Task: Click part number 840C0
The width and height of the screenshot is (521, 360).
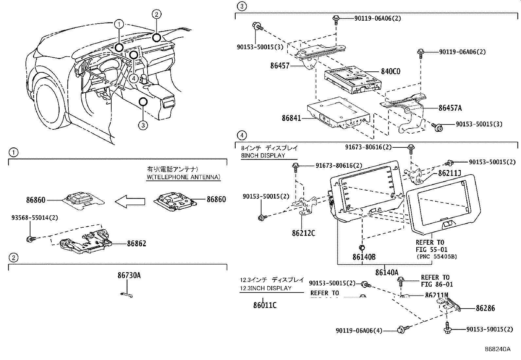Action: [x=390, y=71]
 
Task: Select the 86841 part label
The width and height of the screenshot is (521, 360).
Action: [x=291, y=118]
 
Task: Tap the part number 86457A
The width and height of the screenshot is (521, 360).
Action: [x=450, y=108]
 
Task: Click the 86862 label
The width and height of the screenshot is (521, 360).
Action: [x=136, y=243]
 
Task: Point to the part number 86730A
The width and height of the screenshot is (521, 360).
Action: [x=129, y=275]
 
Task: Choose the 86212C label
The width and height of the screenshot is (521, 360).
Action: [x=303, y=233]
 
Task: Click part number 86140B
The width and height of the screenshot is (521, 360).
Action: [x=364, y=257]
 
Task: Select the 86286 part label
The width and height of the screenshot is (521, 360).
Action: [x=485, y=308]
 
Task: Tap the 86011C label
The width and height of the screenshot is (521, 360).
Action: [x=265, y=305]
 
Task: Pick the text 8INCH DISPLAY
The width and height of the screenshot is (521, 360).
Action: [x=263, y=156]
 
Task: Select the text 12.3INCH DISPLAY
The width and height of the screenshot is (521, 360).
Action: [x=265, y=288]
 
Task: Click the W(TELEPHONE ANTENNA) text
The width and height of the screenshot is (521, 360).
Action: [x=183, y=177]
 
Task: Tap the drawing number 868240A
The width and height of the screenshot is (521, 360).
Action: [x=497, y=349]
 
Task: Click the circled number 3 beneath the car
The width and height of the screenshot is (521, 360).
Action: [x=143, y=125]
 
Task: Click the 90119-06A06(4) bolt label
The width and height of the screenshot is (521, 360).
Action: [x=359, y=331]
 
